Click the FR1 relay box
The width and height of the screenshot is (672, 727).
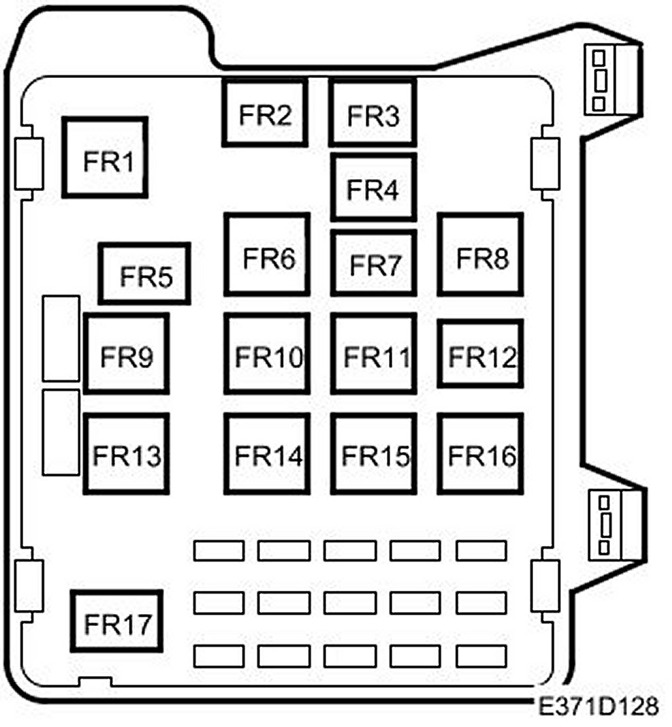click(105, 157)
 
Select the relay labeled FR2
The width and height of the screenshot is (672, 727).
click(265, 113)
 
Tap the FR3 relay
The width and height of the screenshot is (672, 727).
click(373, 112)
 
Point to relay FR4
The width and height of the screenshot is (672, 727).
click(373, 187)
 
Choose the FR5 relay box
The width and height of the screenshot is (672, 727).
click(145, 273)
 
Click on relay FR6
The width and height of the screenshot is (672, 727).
click(267, 254)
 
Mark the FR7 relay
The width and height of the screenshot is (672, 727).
click(374, 262)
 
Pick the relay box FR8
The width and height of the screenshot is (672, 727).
click(480, 254)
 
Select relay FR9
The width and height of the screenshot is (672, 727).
click(126, 354)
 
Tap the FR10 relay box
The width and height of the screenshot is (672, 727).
click(267, 354)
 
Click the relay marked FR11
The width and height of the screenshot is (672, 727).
click(374, 354)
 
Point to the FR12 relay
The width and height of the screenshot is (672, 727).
click(480, 354)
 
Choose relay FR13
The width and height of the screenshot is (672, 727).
click(126, 453)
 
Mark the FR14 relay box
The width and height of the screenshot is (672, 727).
click(267, 453)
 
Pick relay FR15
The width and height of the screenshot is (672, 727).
click(374, 453)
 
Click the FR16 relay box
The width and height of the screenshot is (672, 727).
click(480, 453)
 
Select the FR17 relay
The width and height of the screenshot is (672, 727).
click(117, 621)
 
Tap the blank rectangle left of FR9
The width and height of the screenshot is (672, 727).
click(61, 338)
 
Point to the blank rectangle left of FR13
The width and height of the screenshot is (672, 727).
click(61, 432)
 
